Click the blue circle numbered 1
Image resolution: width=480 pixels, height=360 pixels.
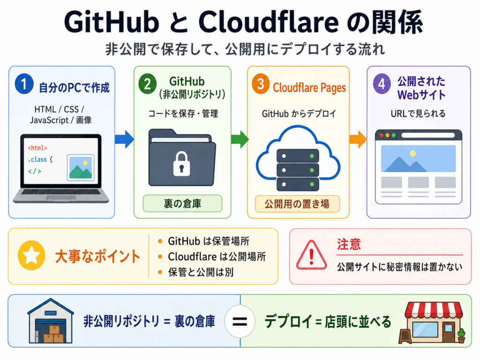pos(24,83)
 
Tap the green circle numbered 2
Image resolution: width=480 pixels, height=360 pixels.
pos(148,83)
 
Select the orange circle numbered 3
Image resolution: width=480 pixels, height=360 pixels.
pos(261,83)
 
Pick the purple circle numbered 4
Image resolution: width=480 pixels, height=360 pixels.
pos(382,83)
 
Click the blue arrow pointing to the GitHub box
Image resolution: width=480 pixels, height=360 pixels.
pos(124,139)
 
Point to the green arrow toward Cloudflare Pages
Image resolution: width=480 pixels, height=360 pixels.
pos(240,139)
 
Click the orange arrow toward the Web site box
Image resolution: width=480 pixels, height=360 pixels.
pos(358,139)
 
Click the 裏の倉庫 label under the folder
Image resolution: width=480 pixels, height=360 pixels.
pos(182,203)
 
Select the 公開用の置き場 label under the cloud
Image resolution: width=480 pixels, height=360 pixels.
pos(297,204)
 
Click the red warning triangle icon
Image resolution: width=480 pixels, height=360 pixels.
pos(311,255)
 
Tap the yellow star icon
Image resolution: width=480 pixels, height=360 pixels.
pos(31,255)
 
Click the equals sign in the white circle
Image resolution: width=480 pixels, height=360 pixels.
pos(240,322)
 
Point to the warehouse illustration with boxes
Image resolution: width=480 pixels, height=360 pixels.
pos(51,321)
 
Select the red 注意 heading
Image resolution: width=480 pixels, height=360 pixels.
pos(349,244)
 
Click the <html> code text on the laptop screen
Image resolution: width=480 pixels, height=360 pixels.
pos(37,148)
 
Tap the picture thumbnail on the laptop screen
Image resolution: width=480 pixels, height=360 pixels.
pos(81,167)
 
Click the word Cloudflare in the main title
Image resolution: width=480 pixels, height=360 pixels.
pos(269,22)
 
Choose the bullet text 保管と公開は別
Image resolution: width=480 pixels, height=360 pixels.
pos(201,272)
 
